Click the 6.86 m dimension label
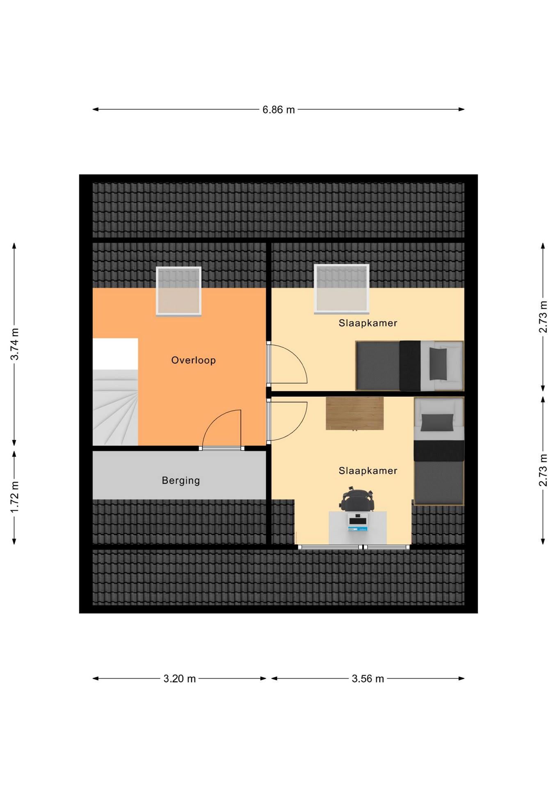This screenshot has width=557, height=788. pyautogui.click(x=278, y=110)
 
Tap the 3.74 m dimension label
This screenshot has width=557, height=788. pyautogui.click(x=15, y=344)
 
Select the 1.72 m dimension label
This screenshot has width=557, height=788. pyautogui.click(x=15, y=497)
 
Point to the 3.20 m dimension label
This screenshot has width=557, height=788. pyautogui.click(x=180, y=678)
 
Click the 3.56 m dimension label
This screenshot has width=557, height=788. pyautogui.click(x=368, y=678)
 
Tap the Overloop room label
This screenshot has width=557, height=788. pyautogui.click(x=194, y=360)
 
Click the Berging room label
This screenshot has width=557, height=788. pyautogui.click(x=181, y=480)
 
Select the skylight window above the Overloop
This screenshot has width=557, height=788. pyautogui.click(x=179, y=291)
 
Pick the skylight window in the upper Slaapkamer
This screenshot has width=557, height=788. pyautogui.click(x=342, y=289)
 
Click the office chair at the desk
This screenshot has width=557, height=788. pyautogui.click(x=356, y=499)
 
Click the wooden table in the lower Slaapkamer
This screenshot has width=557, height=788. pyautogui.click(x=355, y=413)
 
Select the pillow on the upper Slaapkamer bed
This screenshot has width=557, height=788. pyautogui.click(x=438, y=364)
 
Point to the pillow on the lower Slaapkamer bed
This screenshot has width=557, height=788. pyautogui.click(x=438, y=422)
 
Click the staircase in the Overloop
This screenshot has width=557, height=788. pyautogui.click(x=115, y=407)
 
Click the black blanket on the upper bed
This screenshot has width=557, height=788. pyautogui.click(x=410, y=366)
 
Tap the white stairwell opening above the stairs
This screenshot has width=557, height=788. pyautogui.click(x=115, y=354)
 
